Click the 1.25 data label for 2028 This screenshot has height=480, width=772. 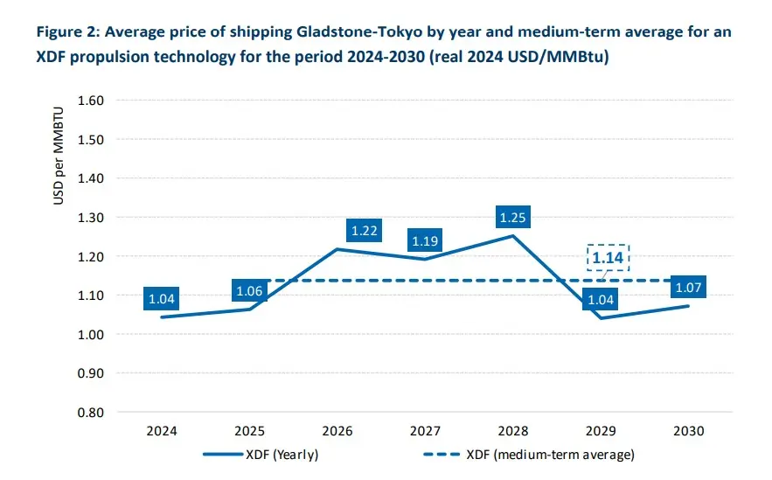coord(511,216)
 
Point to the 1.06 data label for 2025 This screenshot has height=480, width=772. coord(251,290)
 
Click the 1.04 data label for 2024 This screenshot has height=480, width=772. coord(163,298)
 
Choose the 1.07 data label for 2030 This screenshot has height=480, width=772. coord(688,288)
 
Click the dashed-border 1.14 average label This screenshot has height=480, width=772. coord(607,258)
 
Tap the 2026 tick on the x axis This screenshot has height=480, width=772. coord(337,431)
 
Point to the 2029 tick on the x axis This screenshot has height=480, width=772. coord(601,431)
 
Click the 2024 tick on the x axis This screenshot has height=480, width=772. coord(162,431)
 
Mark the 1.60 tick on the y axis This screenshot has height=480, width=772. coord(92,101)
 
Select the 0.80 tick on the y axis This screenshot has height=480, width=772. coord(92,413)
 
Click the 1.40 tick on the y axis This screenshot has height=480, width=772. coord(92,178)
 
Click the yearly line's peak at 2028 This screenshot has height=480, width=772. coord(512,235)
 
